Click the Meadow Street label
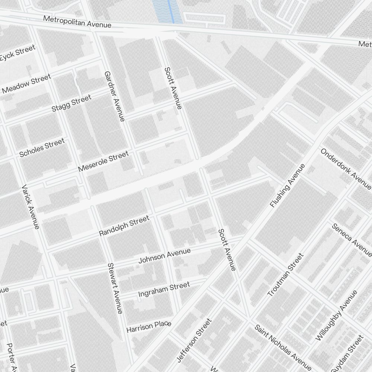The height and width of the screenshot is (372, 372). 26,84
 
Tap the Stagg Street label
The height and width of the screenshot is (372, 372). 71,103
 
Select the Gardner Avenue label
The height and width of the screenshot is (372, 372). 114,96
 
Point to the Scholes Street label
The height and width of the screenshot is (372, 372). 42,148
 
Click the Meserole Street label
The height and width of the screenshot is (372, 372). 103,161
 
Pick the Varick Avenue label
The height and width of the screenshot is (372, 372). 31,206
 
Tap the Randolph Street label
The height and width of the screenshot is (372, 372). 124,226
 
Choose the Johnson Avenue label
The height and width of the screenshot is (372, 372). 164,256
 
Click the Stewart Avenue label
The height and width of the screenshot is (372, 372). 115,288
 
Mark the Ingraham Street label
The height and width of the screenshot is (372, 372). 164,289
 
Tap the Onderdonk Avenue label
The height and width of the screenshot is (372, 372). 346,169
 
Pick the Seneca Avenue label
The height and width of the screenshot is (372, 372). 352,240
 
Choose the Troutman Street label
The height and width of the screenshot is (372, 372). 286,275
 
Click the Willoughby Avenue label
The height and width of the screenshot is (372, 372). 336,315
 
